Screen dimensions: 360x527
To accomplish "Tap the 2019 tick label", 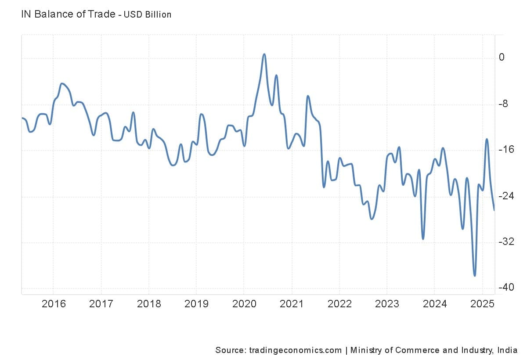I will pyautogui.click(x=196, y=303).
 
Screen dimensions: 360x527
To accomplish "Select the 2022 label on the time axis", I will pyautogui.click(x=339, y=303).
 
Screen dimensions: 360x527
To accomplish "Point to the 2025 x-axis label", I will pyautogui.click(x=482, y=303).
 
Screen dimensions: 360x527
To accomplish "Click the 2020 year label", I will pyautogui.click(x=244, y=303).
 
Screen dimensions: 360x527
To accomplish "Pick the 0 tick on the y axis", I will pyautogui.click(x=502, y=58).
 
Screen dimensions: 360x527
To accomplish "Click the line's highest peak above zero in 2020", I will pyautogui.click(x=264, y=54).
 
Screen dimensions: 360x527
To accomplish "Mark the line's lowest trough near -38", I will pyautogui.click(x=475, y=276).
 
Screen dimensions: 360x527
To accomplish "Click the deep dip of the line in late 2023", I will pyautogui.click(x=423, y=239).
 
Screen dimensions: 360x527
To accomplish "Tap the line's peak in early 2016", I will pyautogui.click(x=61, y=83).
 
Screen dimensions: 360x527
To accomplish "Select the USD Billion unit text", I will pyautogui.click(x=148, y=14).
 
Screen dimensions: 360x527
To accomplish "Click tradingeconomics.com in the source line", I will pyautogui.click(x=295, y=350).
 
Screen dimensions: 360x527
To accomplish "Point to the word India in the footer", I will pyautogui.click(x=508, y=350).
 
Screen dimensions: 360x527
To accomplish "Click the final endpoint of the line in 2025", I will pyautogui.click(x=494, y=210).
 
